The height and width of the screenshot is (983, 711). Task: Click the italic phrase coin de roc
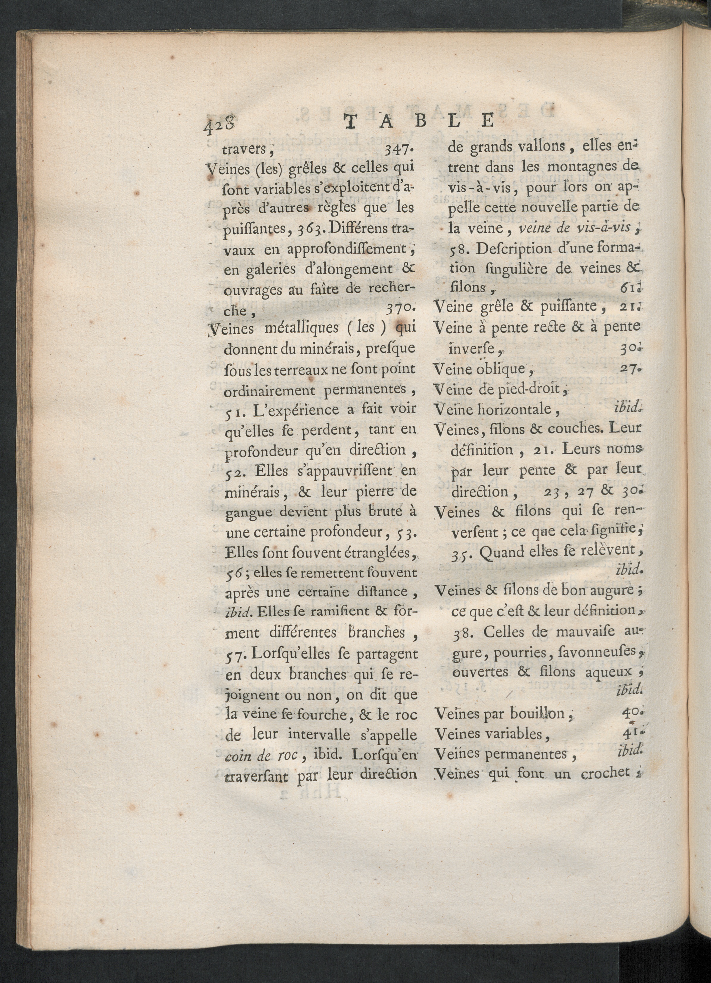(261, 756)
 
